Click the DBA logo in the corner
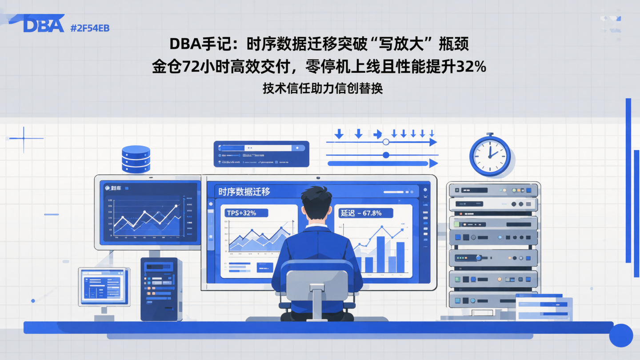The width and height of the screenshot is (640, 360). coord(44,24)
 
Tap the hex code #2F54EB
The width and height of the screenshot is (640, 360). coord(90,28)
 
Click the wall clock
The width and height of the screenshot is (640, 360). coord(490,155)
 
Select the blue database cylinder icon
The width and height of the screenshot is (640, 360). coord(136,159)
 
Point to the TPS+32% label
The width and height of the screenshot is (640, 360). coord(242,213)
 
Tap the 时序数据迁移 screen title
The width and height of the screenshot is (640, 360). coord(244,192)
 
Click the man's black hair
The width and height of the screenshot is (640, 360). coord(316,196)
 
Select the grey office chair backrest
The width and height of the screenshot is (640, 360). coord(317,280)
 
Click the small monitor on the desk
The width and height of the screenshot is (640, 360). coord(104,286)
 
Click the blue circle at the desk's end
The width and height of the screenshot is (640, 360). coord(621,335)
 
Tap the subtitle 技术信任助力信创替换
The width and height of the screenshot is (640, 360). coord(323,88)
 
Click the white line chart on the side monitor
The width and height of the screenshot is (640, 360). coord(147,218)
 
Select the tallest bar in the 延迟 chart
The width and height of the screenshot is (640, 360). coord(381,254)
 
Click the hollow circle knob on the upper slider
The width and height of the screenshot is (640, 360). coord(386,142)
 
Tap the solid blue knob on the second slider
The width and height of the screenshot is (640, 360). coord(386,155)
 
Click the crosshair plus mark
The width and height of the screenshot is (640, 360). coord(24,139)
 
